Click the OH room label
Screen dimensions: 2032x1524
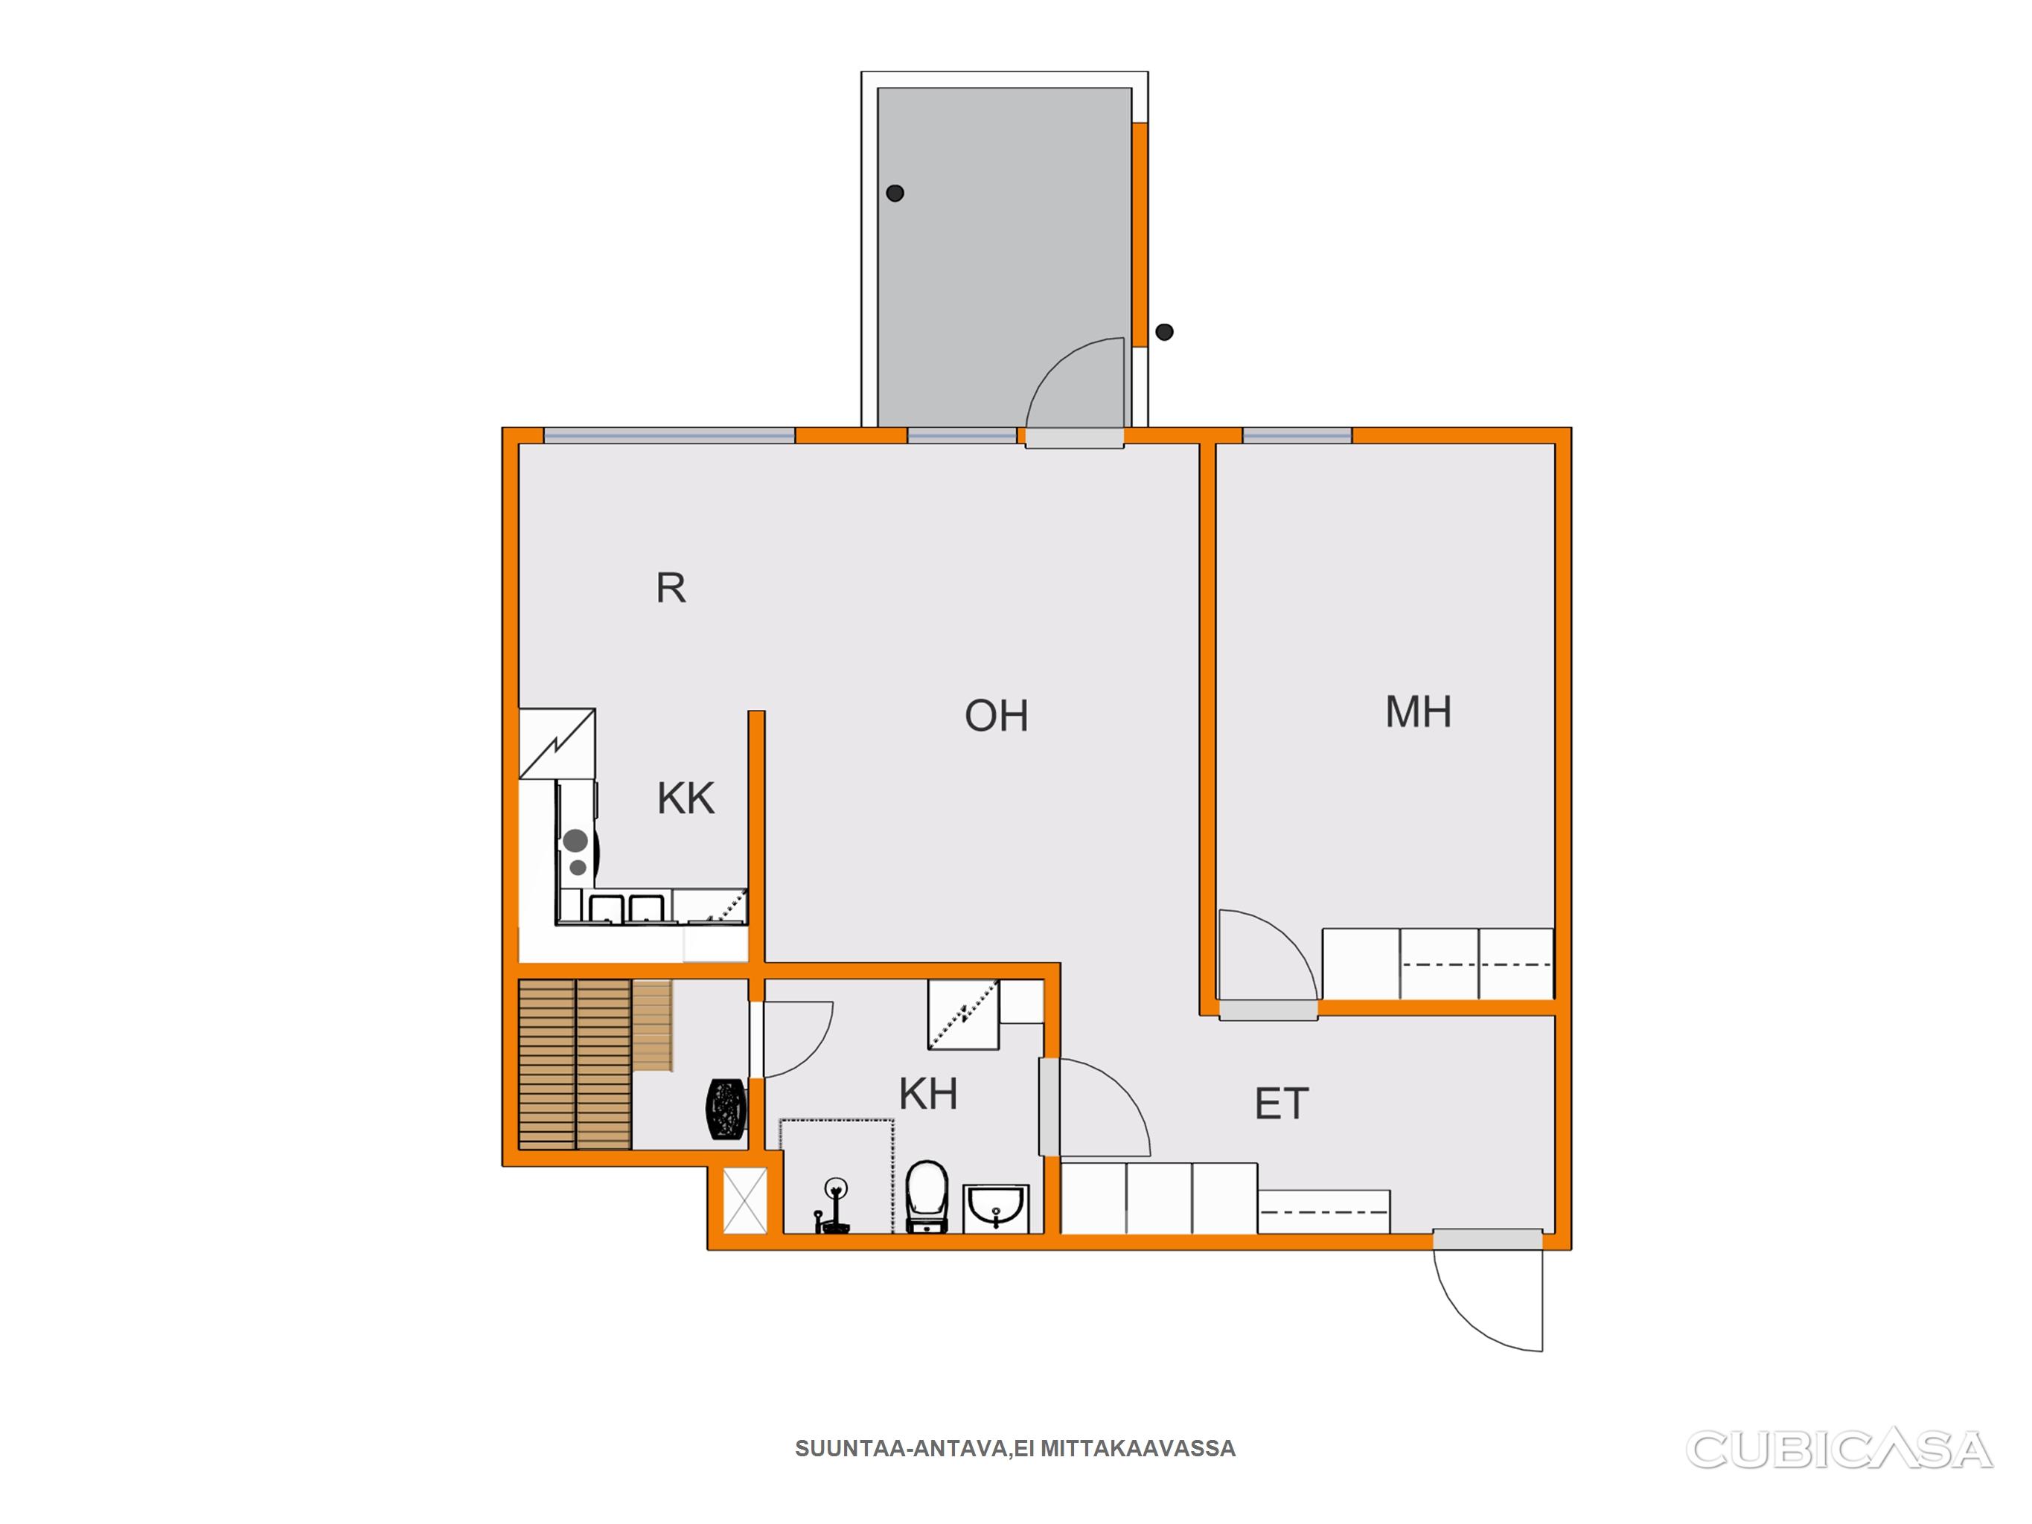[x=996, y=716]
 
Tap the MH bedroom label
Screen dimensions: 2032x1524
[x=1419, y=712]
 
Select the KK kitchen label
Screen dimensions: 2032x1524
[x=686, y=798]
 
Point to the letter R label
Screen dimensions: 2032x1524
[x=671, y=588]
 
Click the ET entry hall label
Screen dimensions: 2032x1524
[x=1282, y=1104]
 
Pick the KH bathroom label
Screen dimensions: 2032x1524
[x=928, y=1094]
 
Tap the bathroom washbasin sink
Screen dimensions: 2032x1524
[x=997, y=1208]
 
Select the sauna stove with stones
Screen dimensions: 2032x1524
[x=726, y=1110]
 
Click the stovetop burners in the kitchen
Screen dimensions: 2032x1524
[x=577, y=851]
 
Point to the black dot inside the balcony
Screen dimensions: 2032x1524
[x=895, y=193]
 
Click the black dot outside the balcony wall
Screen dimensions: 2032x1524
[x=1164, y=332]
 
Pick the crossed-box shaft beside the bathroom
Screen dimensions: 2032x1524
[x=744, y=1200]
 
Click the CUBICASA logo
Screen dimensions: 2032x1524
[x=1838, y=1450]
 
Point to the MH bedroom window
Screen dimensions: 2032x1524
[x=1297, y=435]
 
